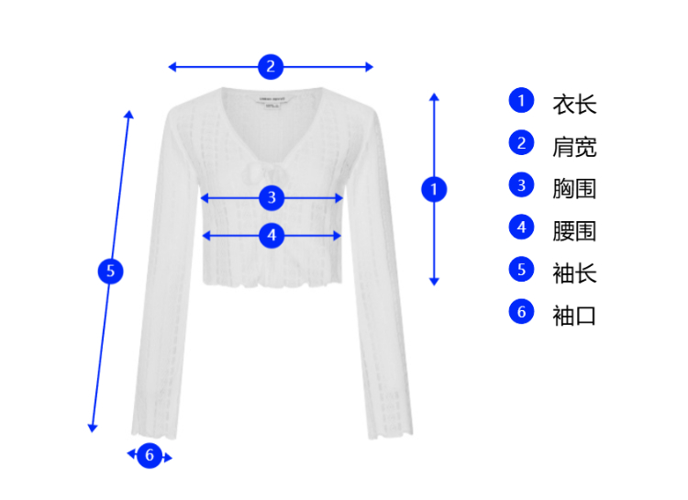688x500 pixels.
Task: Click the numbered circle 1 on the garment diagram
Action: click(434, 189)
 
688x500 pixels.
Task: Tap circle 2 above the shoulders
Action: click(270, 66)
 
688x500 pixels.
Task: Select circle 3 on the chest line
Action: click(271, 197)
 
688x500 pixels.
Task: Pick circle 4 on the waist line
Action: click(271, 235)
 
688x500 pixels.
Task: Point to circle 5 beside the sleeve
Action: click(110, 271)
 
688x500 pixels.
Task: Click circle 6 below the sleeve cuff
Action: click(150, 454)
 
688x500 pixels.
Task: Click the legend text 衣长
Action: click(574, 104)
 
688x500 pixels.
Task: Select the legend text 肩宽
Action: click(574, 146)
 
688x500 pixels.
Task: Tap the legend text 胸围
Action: click(574, 188)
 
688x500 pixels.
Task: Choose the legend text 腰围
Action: click(574, 230)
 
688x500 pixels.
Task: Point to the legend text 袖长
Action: click(574, 272)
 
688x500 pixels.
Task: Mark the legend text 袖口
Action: click(574, 315)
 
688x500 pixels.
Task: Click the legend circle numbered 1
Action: click(521, 100)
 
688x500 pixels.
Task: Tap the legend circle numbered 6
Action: click(521, 311)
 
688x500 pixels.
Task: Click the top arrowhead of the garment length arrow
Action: click(434, 95)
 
